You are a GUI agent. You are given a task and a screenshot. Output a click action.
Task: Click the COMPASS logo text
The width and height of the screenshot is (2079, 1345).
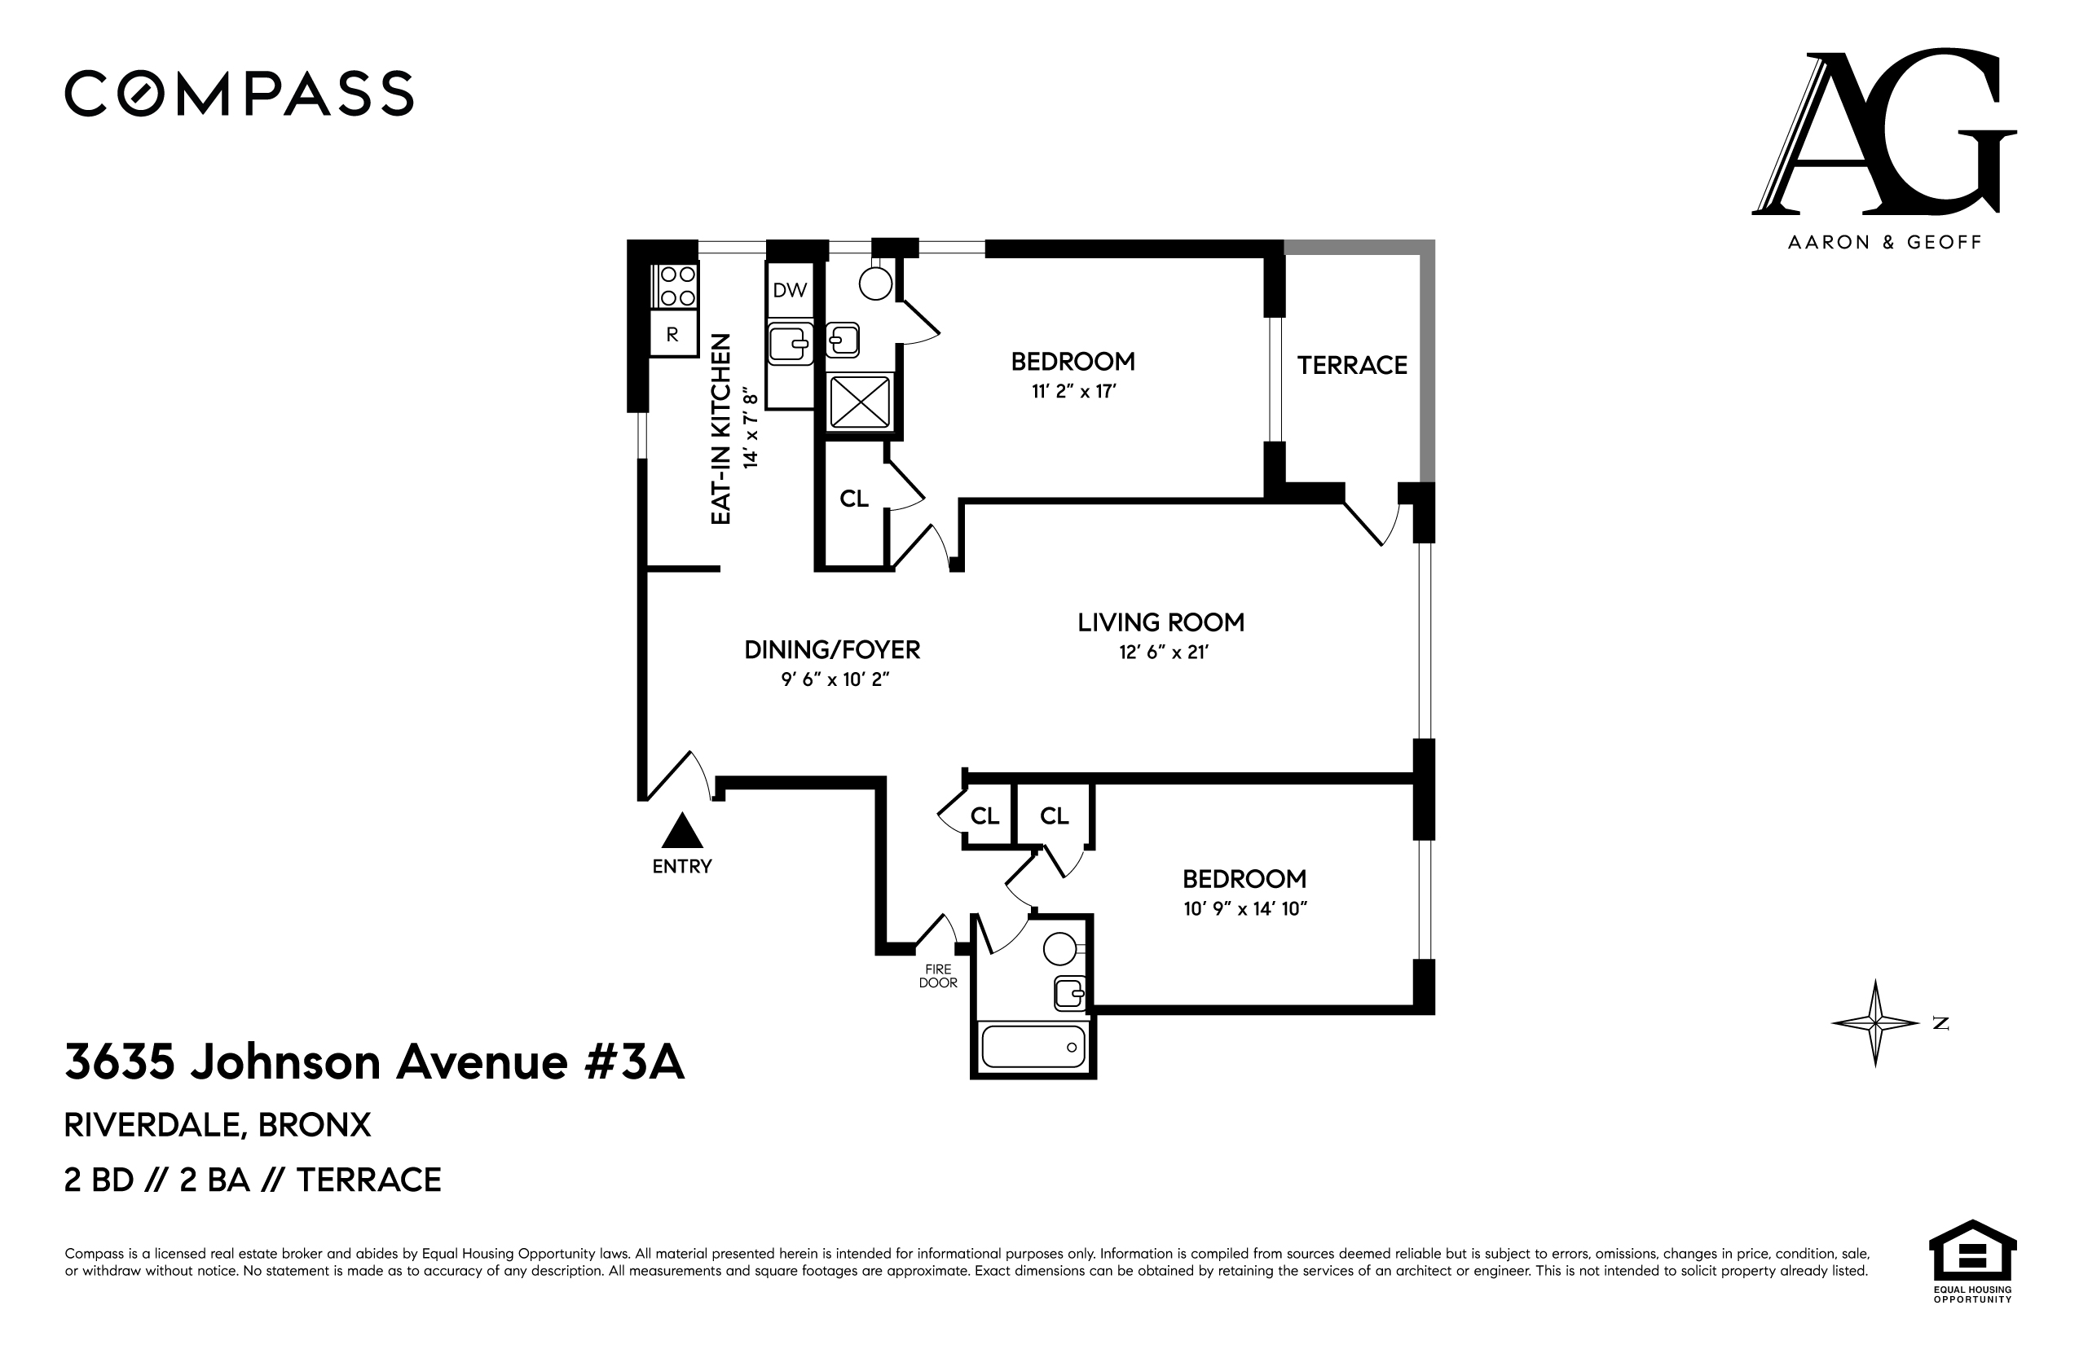239,94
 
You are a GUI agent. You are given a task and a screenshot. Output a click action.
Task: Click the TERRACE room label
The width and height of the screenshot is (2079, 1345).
1351,365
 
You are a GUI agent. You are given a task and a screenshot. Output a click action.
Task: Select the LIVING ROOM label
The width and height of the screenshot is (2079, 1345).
1160,622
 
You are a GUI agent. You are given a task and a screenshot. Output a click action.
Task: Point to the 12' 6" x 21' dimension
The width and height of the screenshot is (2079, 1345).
1163,653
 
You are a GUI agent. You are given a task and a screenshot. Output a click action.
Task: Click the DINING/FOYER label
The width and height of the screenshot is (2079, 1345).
831,650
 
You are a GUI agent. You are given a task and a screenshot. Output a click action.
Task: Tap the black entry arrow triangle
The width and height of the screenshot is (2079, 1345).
682,832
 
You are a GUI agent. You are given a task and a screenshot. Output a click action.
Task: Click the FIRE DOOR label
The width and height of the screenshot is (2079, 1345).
938,977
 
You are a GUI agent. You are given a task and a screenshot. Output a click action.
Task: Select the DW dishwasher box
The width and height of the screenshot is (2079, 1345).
790,291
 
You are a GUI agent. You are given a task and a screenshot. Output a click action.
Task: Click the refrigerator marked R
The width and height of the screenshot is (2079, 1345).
672,335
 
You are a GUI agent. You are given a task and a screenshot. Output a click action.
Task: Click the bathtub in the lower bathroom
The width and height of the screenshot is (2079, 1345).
1033,1046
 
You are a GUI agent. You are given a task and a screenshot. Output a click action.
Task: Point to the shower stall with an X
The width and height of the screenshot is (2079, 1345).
860,402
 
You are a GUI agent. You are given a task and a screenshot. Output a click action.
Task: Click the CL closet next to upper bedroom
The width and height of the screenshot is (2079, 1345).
853,499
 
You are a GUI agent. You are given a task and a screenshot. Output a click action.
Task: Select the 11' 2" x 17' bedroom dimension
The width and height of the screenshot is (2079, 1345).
1073,391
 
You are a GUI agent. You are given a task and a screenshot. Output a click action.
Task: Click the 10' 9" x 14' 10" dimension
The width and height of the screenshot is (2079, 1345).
1244,909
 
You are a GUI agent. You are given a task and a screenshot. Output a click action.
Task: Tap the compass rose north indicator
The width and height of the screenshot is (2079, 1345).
1874,1022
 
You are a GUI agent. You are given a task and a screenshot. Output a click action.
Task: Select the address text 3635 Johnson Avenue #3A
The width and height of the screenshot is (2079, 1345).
374,1063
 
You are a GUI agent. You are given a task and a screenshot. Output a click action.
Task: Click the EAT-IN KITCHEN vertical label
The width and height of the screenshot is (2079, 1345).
720,429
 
